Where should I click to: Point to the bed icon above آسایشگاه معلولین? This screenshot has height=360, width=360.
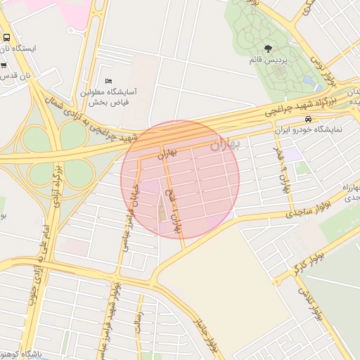(x=107, y=82)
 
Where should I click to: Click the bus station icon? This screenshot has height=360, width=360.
(x=6, y=37)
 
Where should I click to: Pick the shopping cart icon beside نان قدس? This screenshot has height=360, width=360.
(x=4, y=65)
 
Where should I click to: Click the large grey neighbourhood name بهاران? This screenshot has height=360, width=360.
(x=225, y=145)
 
